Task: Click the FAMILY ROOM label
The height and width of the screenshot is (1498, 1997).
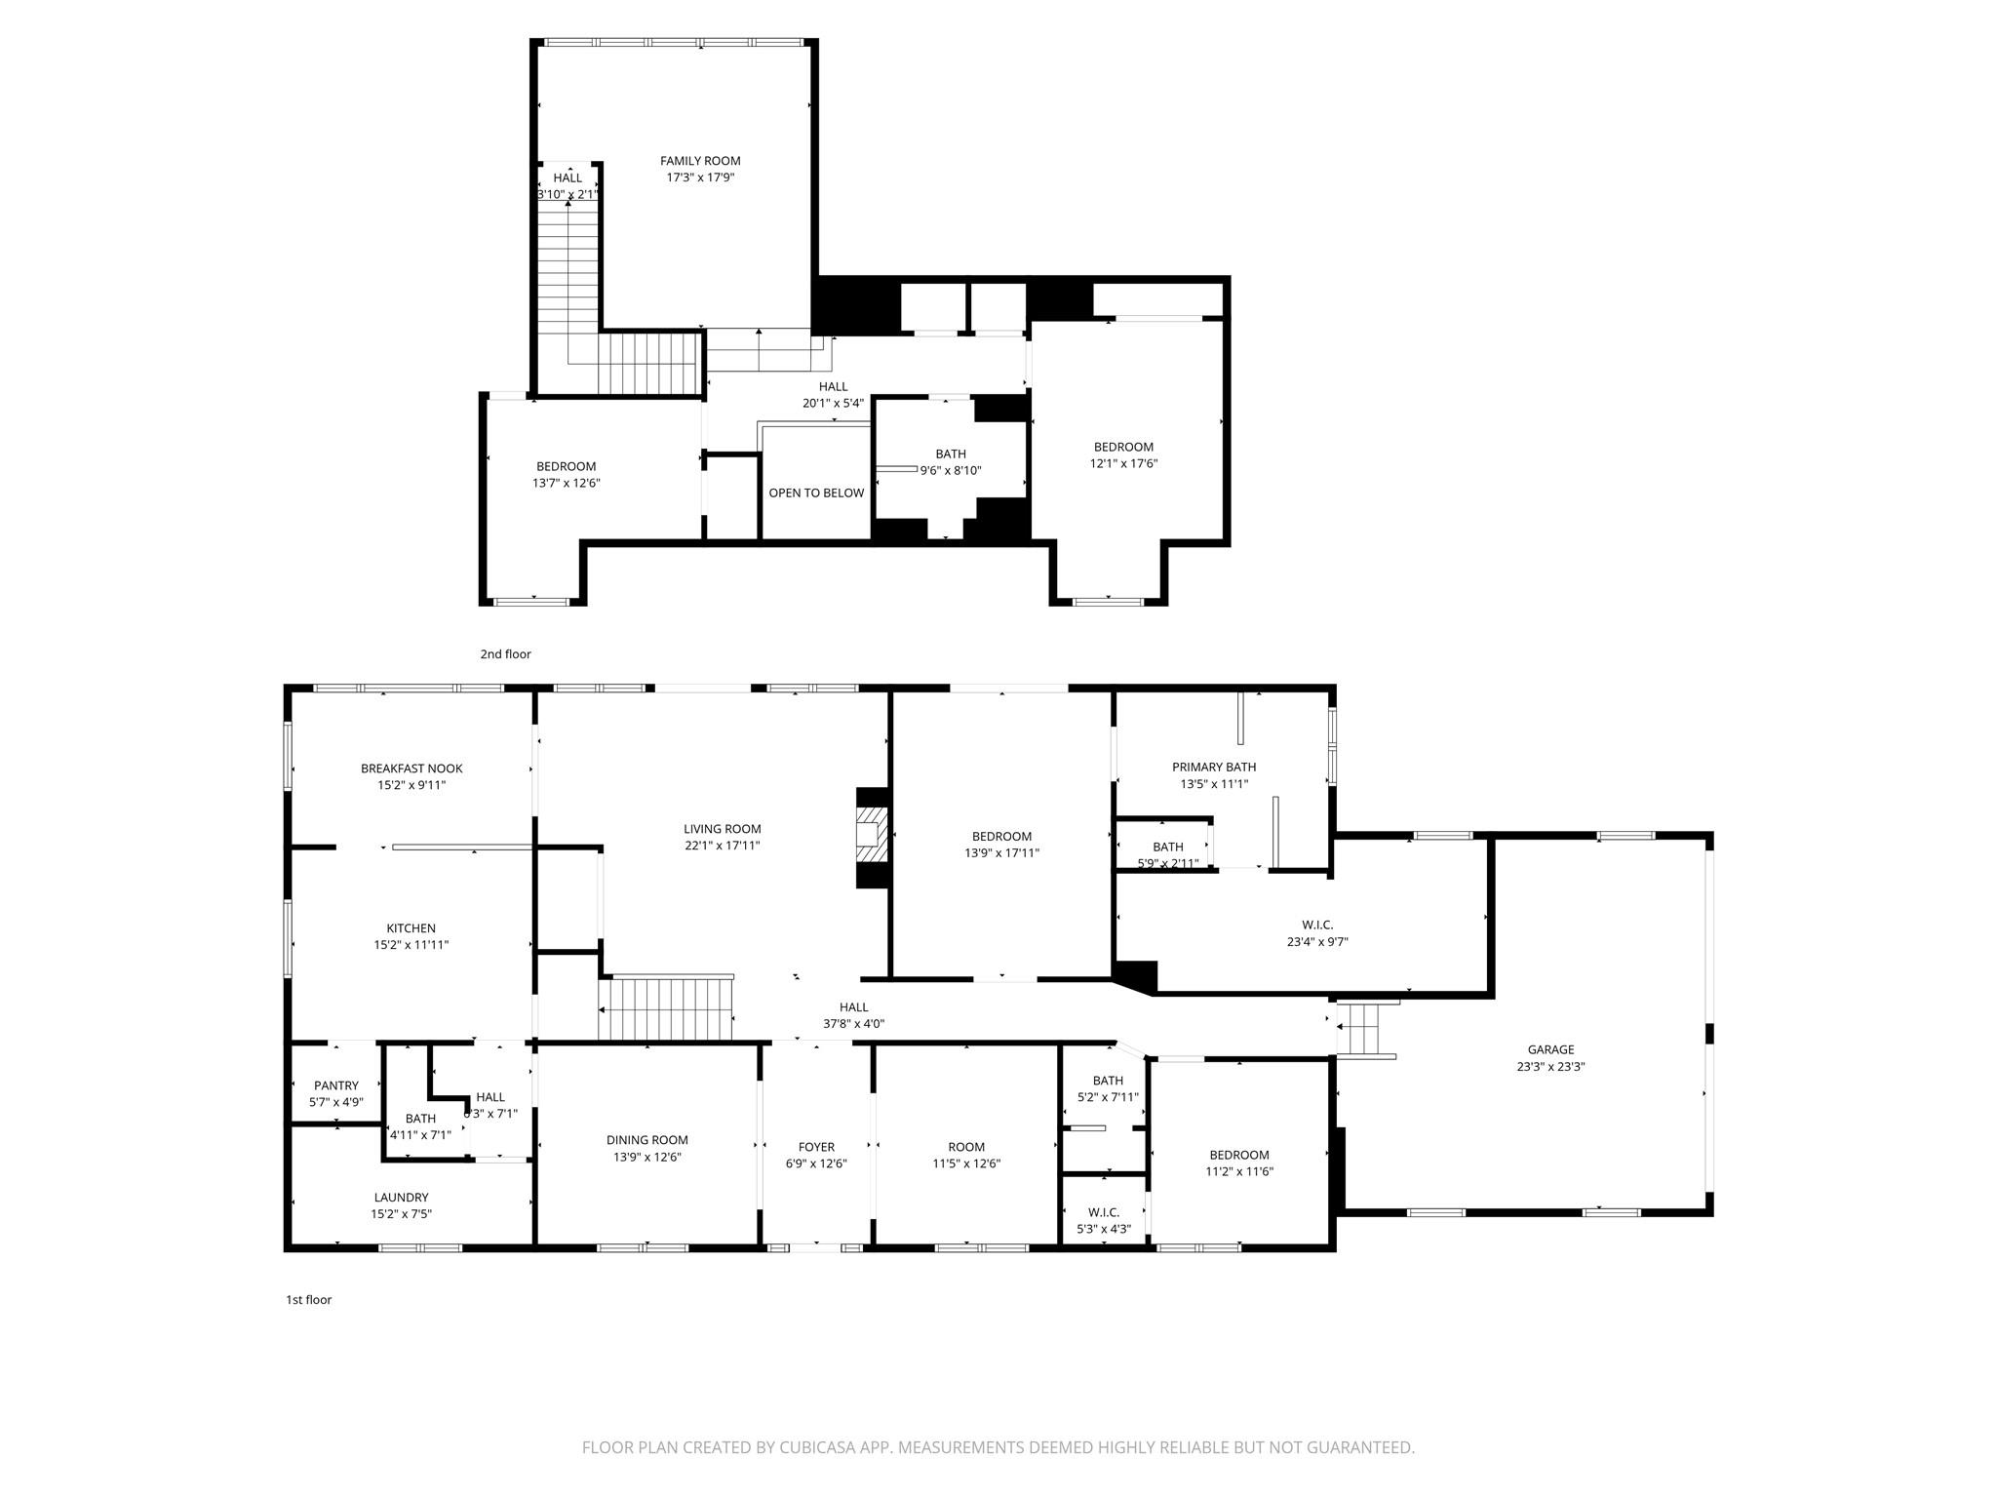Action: click(700, 161)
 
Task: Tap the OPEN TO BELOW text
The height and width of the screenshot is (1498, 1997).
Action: click(816, 493)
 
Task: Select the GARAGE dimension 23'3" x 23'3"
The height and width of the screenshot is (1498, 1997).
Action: click(1550, 1066)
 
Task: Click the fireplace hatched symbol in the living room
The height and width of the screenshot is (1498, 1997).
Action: click(873, 835)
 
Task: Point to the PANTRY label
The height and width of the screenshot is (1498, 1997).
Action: click(336, 1085)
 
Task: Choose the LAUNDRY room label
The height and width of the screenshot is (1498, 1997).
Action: click(401, 1198)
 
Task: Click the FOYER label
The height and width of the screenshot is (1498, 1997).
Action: click(816, 1147)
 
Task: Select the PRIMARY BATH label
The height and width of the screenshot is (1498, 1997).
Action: click(1214, 767)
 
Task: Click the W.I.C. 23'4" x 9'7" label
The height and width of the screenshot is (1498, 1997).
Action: click(1317, 932)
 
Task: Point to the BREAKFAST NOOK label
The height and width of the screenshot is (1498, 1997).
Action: click(411, 769)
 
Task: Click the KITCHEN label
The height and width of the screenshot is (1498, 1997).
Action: click(411, 928)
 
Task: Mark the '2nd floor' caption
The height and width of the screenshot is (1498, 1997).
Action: click(505, 654)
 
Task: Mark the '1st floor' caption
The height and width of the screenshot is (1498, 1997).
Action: click(308, 1299)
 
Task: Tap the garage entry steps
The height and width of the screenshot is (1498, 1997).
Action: click(1364, 1028)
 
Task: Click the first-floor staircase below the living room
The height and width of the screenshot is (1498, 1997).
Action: click(666, 1009)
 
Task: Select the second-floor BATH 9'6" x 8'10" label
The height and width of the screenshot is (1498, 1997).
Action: click(951, 461)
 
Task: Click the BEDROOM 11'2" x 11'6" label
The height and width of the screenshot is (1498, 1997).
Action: click(1239, 1163)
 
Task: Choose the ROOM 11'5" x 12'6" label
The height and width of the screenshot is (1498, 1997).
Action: click(966, 1155)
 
